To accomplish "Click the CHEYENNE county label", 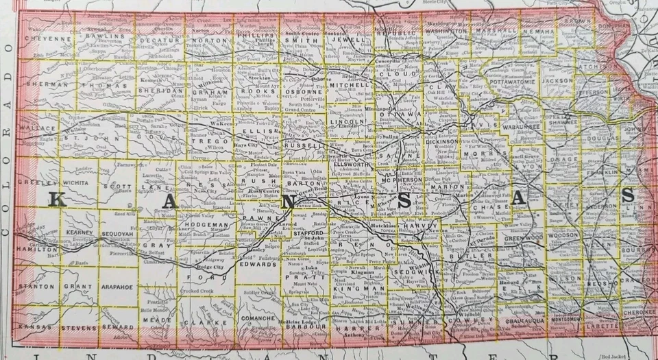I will click(x=49, y=40).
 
